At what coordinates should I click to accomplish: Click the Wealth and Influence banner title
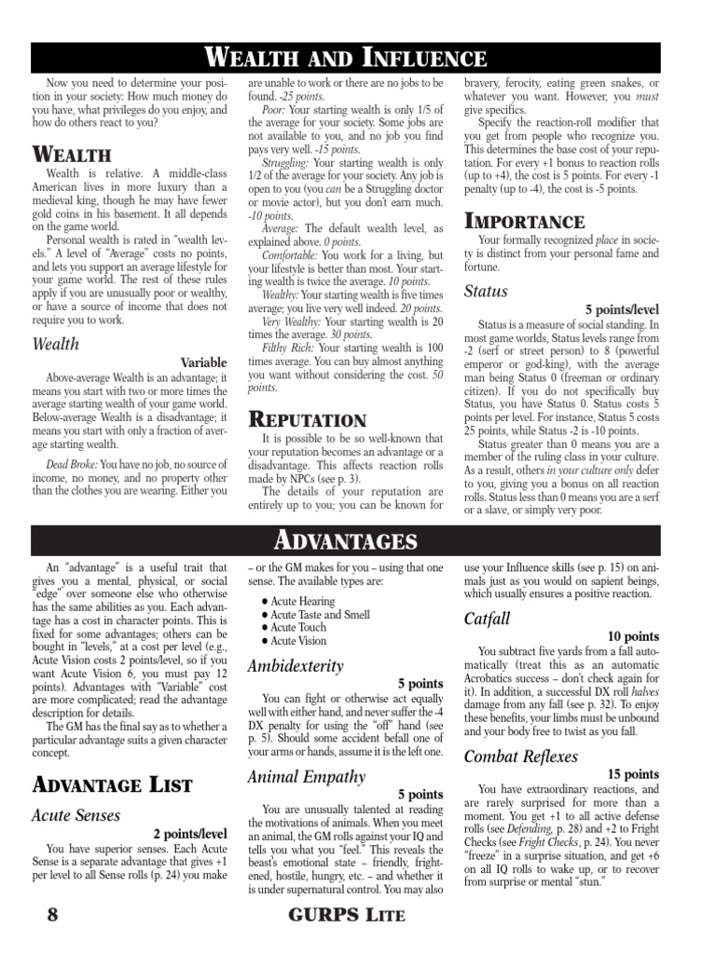(x=358, y=59)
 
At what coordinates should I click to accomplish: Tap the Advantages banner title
(x=358, y=540)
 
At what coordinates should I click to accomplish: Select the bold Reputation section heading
(x=307, y=421)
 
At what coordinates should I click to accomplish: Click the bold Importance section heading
(x=524, y=222)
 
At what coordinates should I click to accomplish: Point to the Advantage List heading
(x=112, y=784)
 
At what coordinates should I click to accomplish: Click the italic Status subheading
(x=486, y=292)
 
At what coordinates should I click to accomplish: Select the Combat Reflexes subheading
(x=521, y=756)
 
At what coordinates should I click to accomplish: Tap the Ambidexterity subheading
(x=296, y=666)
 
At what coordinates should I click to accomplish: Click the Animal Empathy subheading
(x=307, y=776)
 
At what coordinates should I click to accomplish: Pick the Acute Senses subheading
(x=76, y=815)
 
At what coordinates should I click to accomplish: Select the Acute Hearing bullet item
(x=302, y=602)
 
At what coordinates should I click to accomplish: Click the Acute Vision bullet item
(x=298, y=641)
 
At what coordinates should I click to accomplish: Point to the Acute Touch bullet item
(x=297, y=628)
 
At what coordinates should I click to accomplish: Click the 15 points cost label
(x=633, y=774)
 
